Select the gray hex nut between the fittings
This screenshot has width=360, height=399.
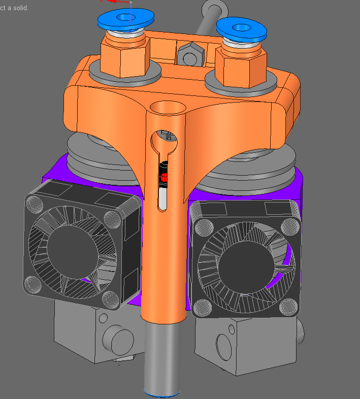click(x=191, y=54)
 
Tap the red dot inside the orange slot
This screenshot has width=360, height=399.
click(x=164, y=177)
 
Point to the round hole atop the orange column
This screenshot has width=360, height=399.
click(x=168, y=108)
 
